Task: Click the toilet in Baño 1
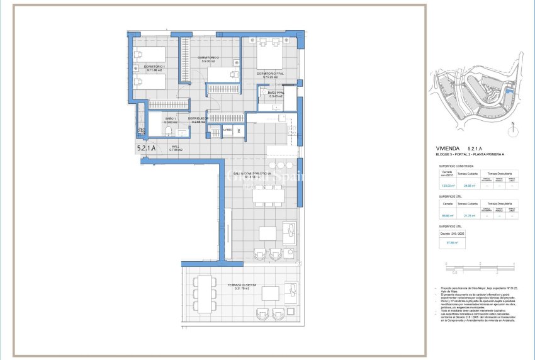point(168,131)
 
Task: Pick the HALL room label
point(175,148)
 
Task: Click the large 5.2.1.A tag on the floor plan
point(148,149)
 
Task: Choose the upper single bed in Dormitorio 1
point(150,53)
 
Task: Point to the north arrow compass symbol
point(513,130)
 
